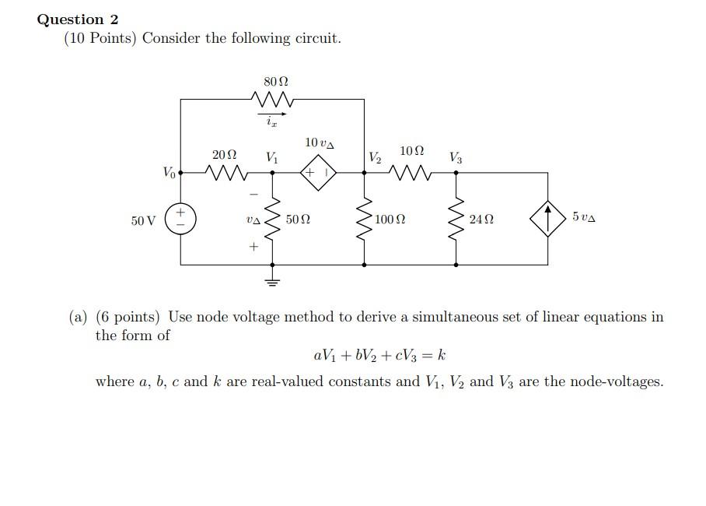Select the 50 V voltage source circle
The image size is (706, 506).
click(x=180, y=219)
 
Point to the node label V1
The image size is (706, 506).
click(x=272, y=157)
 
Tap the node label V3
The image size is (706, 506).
click(x=456, y=158)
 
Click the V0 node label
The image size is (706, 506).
click(x=169, y=172)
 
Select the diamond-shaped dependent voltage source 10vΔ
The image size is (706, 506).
click(x=318, y=173)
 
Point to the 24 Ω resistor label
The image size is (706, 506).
click(x=481, y=220)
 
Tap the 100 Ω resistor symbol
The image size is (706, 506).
click(x=364, y=219)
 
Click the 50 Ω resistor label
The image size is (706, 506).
click(x=298, y=220)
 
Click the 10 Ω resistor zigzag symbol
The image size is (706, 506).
click(x=411, y=173)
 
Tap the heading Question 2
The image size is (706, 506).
click(x=78, y=19)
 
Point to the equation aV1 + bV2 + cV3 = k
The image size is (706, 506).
click(x=379, y=357)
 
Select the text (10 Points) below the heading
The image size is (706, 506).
click(x=100, y=38)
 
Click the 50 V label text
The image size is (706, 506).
click(x=144, y=220)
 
